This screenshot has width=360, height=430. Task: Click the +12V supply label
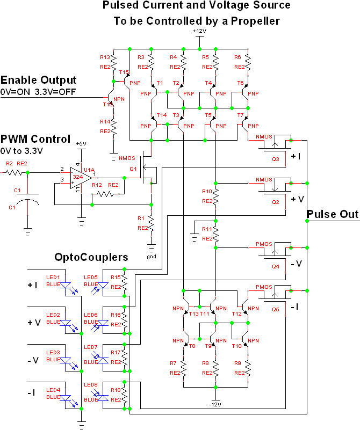click(x=199, y=31)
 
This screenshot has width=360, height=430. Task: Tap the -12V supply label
click(x=215, y=404)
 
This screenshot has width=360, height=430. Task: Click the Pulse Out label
click(x=332, y=215)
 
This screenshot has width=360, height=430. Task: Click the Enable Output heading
click(x=39, y=81)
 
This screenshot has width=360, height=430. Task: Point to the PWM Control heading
click(x=35, y=139)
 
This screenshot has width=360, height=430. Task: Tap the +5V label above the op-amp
click(x=81, y=144)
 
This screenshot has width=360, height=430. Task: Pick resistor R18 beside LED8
click(x=124, y=396)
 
